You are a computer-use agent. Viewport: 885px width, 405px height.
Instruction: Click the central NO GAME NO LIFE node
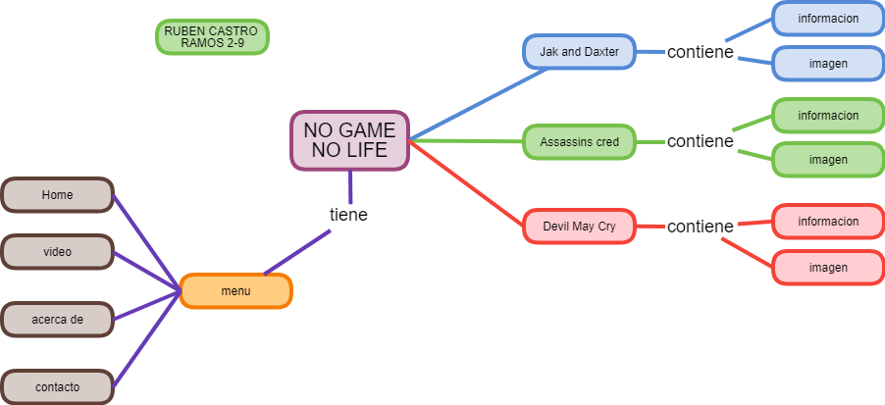click(x=348, y=140)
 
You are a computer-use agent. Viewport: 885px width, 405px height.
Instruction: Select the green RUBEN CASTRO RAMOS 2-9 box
click(x=212, y=37)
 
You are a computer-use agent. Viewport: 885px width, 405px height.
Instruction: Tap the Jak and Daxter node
click(x=579, y=52)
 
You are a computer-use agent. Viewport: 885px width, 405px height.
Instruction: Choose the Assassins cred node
click(x=579, y=142)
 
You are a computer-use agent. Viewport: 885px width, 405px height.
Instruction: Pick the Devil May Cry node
click(x=579, y=227)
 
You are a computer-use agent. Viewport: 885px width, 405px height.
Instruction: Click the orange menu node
click(x=235, y=291)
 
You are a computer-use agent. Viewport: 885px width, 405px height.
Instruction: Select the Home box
click(x=57, y=195)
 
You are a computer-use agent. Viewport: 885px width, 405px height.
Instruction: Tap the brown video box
click(x=57, y=252)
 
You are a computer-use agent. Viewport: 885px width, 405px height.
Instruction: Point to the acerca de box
click(x=57, y=320)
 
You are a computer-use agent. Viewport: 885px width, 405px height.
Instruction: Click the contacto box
click(x=57, y=386)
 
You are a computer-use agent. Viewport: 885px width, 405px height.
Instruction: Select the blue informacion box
click(x=827, y=18)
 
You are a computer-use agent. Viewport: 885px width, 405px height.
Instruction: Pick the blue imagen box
click(x=827, y=63)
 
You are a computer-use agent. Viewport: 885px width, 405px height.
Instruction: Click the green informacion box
click(x=827, y=116)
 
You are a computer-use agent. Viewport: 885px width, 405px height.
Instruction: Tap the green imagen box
click(x=827, y=160)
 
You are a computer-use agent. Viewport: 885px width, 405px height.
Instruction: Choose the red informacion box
click(x=827, y=222)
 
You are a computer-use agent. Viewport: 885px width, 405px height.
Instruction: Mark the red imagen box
click(x=827, y=268)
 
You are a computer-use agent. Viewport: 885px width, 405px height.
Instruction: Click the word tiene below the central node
click(x=348, y=214)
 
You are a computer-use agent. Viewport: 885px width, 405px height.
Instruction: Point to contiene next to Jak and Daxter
click(x=700, y=52)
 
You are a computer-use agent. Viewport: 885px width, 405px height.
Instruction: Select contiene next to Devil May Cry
click(x=700, y=227)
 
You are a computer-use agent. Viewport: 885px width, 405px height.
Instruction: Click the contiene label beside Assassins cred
click(x=700, y=141)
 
